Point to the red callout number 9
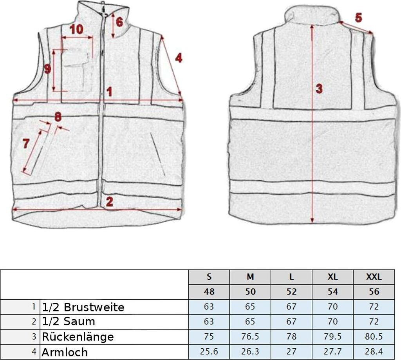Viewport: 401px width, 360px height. tap(47, 69)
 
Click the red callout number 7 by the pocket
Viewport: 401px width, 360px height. tap(26, 144)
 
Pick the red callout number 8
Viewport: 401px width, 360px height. tap(58, 116)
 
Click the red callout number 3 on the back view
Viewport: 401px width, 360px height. tap(319, 89)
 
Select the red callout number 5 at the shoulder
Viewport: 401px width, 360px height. tap(358, 17)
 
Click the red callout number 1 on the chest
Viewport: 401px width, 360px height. tap(110, 92)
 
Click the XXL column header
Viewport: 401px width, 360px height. tap(374, 277)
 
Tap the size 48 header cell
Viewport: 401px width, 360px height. tap(209, 292)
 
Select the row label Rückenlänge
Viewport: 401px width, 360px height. tap(78, 336)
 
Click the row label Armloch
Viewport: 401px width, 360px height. tap(65, 352)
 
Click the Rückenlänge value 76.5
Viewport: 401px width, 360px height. tap(250, 336)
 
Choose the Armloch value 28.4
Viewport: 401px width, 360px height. tap(374, 352)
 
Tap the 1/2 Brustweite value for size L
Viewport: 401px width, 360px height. tap(291, 307)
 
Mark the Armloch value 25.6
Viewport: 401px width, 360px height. tap(209, 352)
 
